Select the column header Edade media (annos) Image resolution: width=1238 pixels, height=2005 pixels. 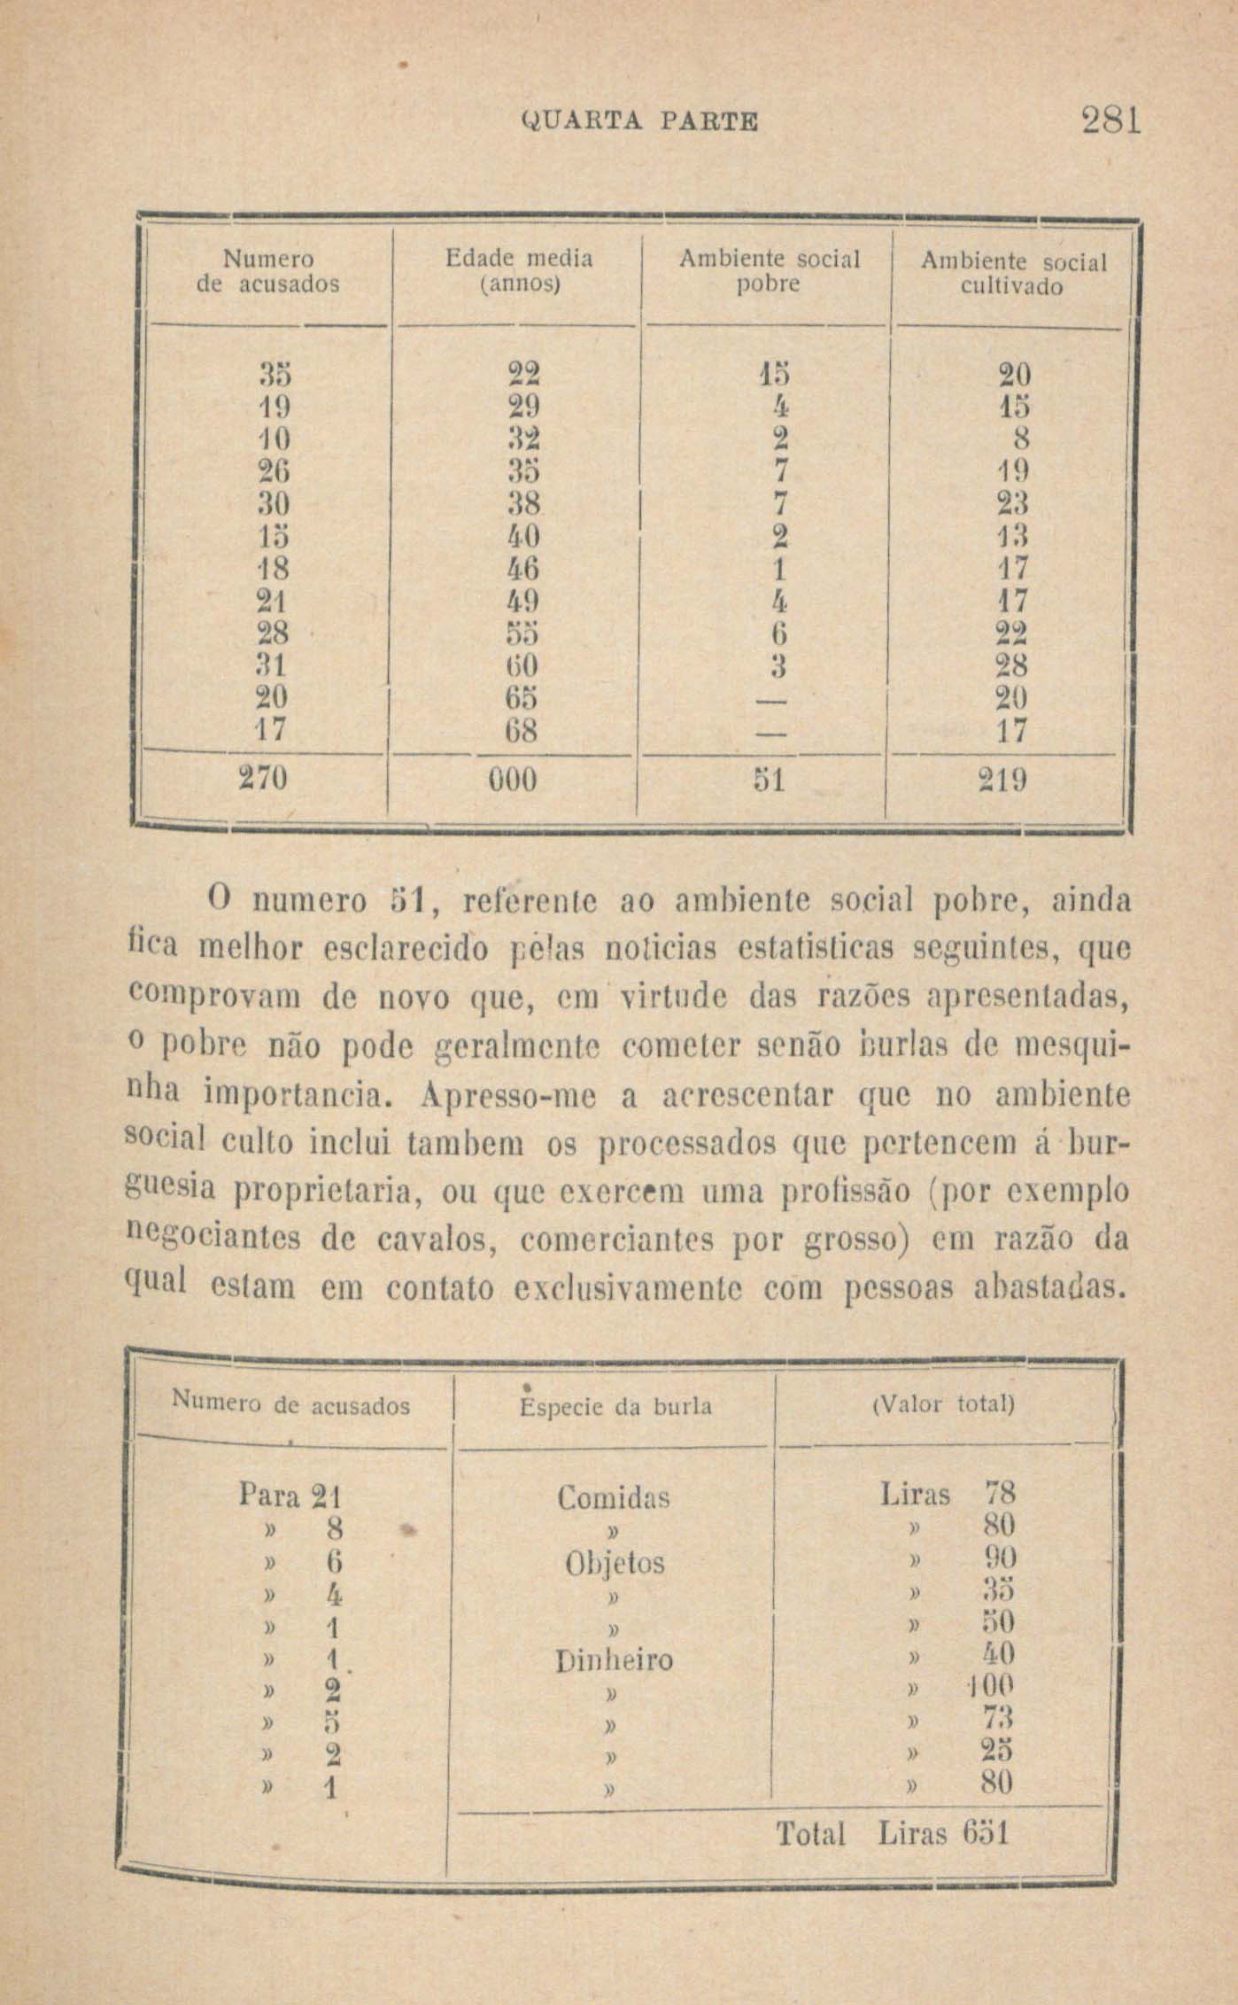point(519,270)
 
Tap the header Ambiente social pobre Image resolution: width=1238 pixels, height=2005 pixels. point(769,270)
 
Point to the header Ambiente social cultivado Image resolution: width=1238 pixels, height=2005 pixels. point(1013,274)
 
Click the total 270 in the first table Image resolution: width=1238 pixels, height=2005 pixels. point(263,779)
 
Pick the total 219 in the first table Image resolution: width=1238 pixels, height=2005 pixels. point(1002,781)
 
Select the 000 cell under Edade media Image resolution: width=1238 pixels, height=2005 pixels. point(513,780)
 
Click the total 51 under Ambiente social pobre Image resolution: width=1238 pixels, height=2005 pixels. point(767,780)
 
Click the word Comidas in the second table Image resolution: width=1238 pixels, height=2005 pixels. point(613,1498)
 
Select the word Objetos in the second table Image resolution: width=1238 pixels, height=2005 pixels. point(615,1562)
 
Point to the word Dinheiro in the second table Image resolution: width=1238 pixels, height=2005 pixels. point(614,1659)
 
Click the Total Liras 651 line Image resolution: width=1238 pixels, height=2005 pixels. point(892,1833)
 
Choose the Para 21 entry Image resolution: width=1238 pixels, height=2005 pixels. point(290,1496)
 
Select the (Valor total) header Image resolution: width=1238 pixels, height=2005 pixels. point(943,1405)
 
